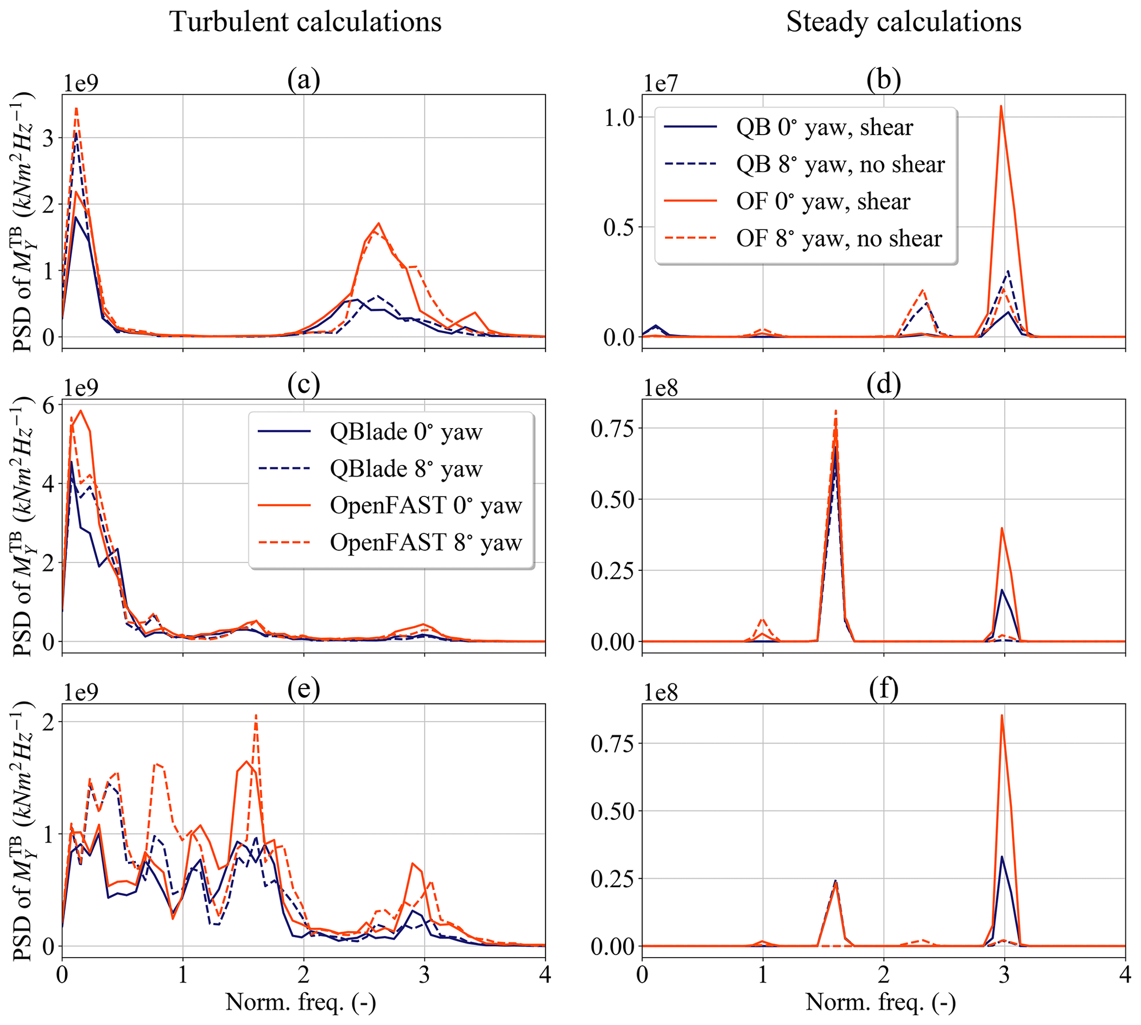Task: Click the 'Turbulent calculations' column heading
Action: click(x=305, y=23)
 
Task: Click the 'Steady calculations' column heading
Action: click(x=903, y=23)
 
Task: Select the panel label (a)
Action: click(x=304, y=81)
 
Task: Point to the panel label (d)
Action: click(x=884, y=385)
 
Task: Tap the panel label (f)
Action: click(x=884, y=690)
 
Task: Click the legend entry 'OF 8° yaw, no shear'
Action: click(x=838, y=239)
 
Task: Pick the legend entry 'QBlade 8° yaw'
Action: click(x=406, y=469)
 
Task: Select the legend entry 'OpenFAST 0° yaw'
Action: click(x=426, y=506)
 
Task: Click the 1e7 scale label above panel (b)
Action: click(x=661, y=83)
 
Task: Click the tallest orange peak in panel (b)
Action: click(x=1001, y=106)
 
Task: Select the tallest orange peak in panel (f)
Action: click(x=1001, y=716)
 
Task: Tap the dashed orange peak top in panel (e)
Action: click(x=256, y=716)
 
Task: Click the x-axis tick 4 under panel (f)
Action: click(x=1124, y=975)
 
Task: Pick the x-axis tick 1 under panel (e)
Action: click(x=183, y=975)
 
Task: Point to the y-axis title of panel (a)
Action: click(x=24, y=222)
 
